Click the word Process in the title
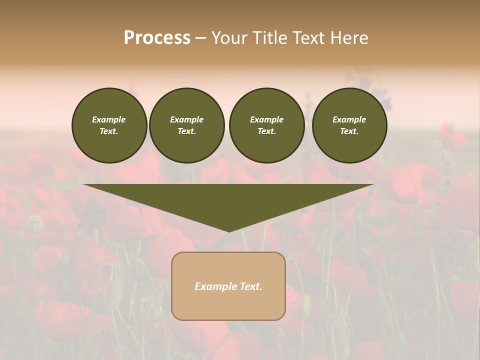point(157,38)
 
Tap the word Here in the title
point(348,38)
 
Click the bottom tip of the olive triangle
point(229,230)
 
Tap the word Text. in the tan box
point(250,286)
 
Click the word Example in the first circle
point(109,119)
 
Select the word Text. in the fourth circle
point(349,131)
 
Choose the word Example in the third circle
point(266,119)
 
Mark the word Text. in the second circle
point(187,131)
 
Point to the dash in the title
point(200,38)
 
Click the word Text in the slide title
point(310,38)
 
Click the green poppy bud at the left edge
point(34,224)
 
